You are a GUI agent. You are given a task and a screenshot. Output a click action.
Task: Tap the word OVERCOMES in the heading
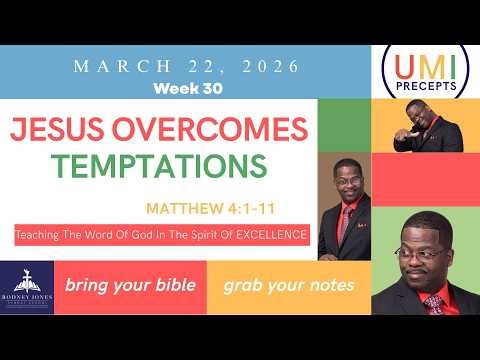(x=220, y=129)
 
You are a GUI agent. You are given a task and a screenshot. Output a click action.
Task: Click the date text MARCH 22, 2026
(x=187, y=66)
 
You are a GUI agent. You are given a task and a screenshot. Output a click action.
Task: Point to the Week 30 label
(x=187, y=87)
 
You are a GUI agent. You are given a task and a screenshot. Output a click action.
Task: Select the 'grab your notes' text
(x=288, y=286)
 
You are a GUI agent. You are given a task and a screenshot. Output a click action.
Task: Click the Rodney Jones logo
(x=27, y=287)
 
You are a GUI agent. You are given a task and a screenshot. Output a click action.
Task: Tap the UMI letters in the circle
(x=424, y=68)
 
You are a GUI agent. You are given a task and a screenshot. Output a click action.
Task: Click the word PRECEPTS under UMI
(x=424, y=86)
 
